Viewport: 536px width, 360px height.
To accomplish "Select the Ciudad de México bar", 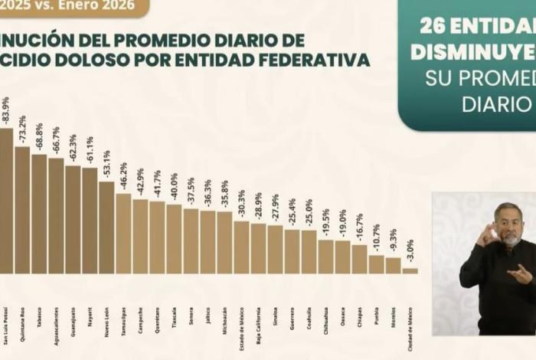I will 410,270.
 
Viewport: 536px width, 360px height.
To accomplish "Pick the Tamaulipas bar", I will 123,234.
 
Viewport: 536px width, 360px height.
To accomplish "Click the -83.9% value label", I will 6,111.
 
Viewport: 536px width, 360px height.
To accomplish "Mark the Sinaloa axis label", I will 276,296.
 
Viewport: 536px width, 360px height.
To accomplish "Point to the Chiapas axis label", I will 360,296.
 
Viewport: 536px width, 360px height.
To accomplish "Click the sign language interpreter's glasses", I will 506,222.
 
